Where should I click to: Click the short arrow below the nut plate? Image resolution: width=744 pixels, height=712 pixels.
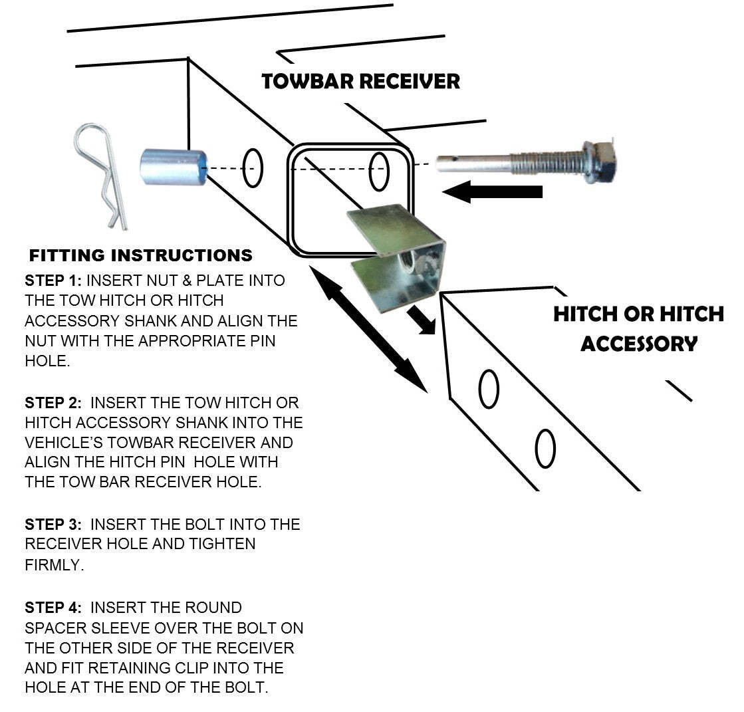[421, 318]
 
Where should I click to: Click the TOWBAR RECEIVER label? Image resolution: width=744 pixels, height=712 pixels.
[360, 82]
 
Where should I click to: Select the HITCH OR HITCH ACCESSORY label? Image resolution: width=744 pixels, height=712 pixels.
[638, 328]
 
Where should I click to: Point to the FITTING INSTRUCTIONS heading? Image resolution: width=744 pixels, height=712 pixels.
[140, 255]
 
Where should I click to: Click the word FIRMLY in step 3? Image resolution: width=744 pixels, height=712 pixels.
[55, 566]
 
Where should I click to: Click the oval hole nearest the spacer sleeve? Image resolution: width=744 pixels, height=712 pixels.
[253, 169]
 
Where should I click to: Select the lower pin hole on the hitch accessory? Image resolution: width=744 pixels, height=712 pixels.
[545, 449]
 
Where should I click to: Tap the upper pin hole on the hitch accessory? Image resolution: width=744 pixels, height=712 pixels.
[489, 389]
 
